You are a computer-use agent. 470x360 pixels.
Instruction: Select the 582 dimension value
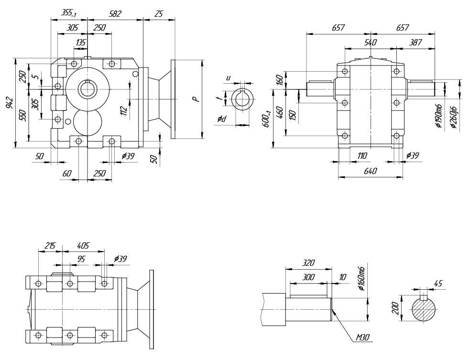[115, 14]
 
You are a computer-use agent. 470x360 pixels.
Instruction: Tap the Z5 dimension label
[159, 14]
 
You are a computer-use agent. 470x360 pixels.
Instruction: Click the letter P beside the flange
[195, 99]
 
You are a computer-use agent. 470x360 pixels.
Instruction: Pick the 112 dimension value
[124, 110]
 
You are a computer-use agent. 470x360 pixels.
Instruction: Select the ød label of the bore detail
[221, 118]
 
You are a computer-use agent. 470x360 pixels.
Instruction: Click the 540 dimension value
[371, 42]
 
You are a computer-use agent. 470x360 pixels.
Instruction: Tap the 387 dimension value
[415, 42]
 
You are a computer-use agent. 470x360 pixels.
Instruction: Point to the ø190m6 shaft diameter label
[438, 117]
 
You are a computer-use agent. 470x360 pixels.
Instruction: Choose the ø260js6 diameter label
[454, 117]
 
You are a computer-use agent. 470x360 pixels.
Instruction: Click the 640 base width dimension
[370, 171]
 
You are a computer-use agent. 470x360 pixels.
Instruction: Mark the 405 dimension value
[83, 246]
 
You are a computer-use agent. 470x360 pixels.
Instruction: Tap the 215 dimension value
[50, 246]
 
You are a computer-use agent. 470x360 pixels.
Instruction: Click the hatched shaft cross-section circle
[424, 310]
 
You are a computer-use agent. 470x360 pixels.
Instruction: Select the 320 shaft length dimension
[308, 262]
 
